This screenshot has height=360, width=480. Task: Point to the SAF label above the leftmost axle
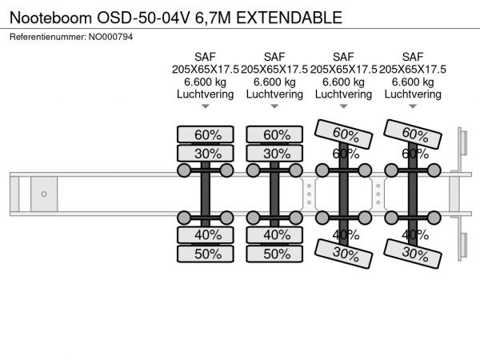point(205,56)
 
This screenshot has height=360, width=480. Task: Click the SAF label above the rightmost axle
point(413,56)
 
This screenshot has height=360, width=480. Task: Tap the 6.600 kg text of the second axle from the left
point(274,82)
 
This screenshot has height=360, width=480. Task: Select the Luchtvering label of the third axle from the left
point(344,94)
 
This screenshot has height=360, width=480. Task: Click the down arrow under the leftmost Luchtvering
point(205,106)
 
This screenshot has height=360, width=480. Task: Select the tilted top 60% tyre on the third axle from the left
point(345,133)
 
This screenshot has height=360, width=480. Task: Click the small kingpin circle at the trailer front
point(44,194)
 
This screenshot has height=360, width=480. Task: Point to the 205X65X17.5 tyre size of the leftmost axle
point(205,69)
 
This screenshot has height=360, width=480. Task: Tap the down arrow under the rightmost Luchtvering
point(413,106)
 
